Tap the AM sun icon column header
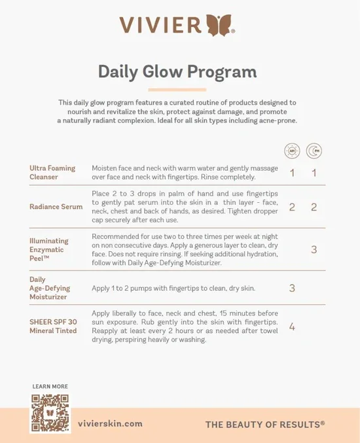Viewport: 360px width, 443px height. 292,151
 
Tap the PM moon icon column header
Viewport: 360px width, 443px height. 314,151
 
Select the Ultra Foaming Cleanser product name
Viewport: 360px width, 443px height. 52,172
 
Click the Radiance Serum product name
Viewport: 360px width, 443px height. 56,207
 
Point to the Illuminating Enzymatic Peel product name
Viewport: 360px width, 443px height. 48,249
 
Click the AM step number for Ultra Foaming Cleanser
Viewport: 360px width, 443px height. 292,173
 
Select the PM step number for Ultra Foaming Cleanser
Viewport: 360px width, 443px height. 314,173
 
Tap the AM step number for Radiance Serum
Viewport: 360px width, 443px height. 292,207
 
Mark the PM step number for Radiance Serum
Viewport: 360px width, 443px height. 314,207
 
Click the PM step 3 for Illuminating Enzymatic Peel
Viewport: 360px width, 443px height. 314,249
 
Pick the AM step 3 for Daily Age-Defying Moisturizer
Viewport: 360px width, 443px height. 292,288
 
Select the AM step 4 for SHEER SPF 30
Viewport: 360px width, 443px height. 292,327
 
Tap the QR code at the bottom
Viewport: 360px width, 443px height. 50,412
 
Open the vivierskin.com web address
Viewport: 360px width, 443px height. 115,424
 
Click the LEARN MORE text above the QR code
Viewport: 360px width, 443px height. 50,387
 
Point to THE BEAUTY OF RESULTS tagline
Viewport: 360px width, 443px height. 265,425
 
